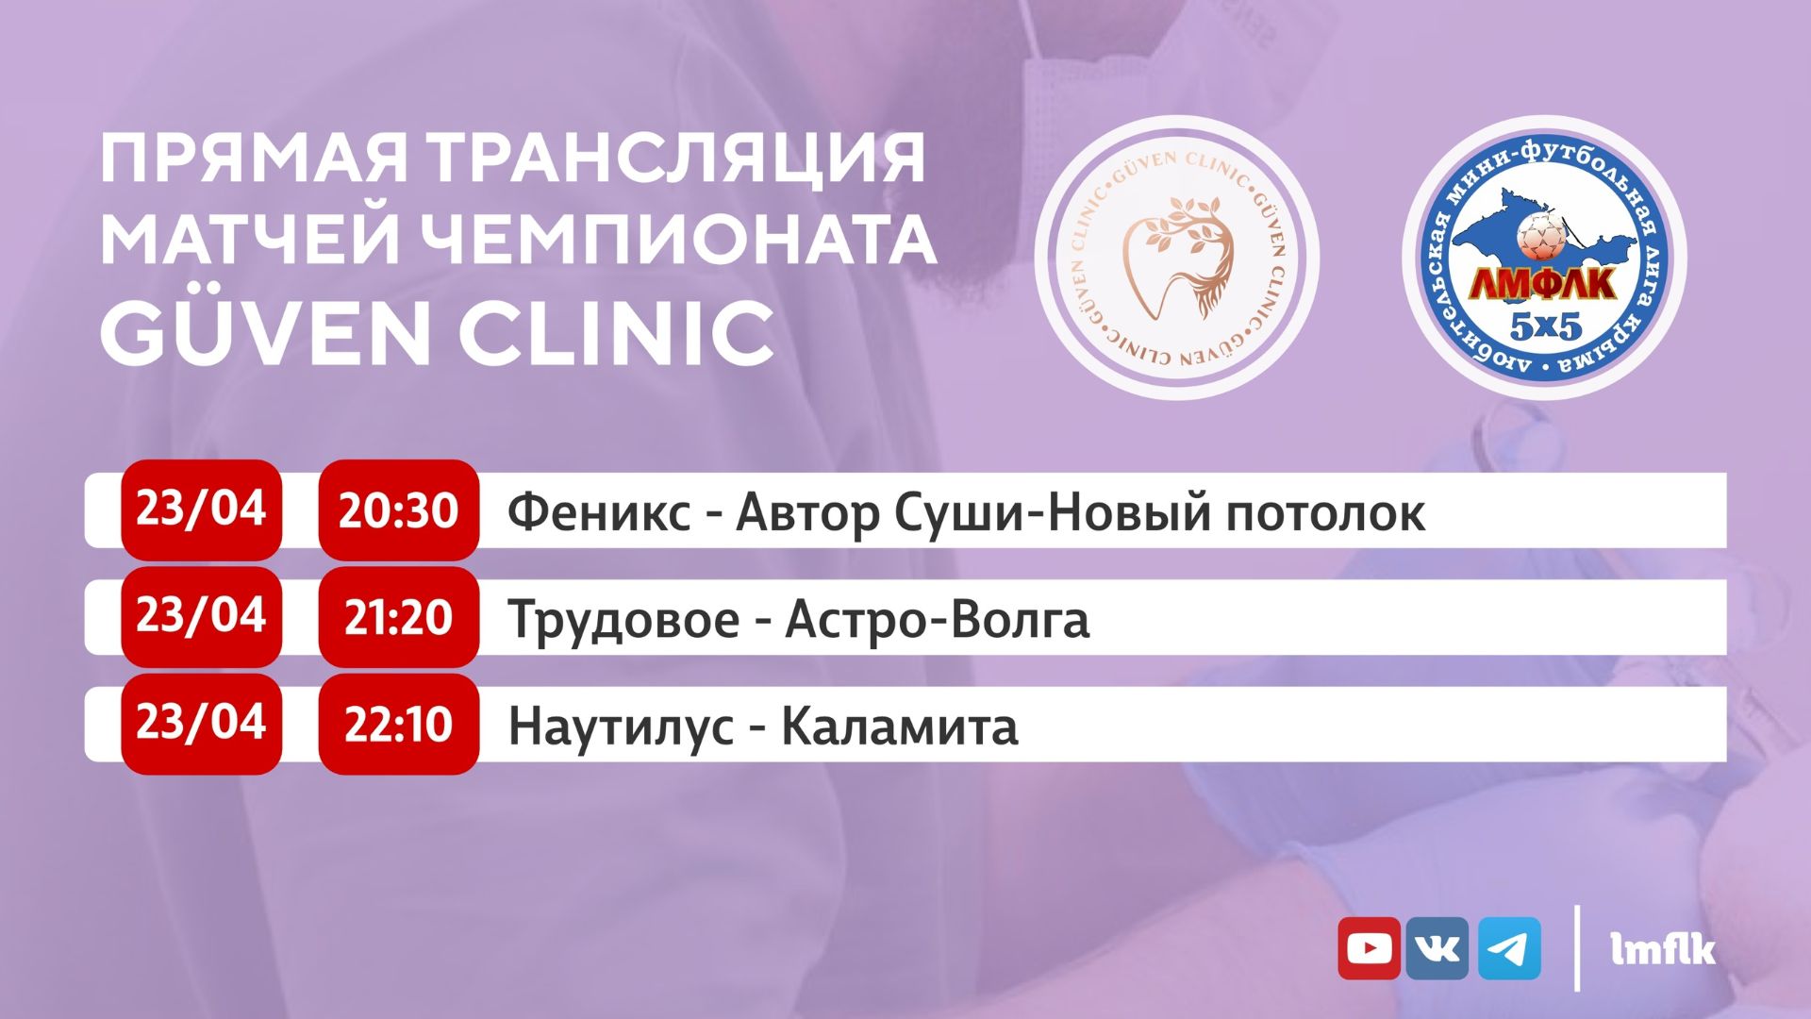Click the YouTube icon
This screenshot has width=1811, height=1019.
pyautogui.click(x=1369, y=948)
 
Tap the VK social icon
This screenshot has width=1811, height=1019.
pyautogui.click(x=1437, y=948)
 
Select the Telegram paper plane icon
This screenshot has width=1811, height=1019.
pyautogui.click(x=1509, y=948)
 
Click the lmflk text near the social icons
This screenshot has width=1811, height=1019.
pyautogui.click(x=1663, y=949)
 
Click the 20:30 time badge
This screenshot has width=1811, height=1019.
pyautogui.click(x=398, y=510)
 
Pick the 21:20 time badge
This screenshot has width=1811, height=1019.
pyautogui.click(x=398, y=617)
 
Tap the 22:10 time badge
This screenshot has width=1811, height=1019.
pyautogui.click(x=398, y=725)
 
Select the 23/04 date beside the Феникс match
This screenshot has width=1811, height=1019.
pyautogui.click(x=201, y=509)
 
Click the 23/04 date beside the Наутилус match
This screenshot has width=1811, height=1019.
pyautogui.click(x=201, y=723)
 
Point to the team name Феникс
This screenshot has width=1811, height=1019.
pyautogui.click(x=599, y=512)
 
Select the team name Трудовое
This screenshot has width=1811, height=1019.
pyautogui.click(x=623, y=621)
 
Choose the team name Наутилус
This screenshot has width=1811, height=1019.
pyautogui.click(x=621, y=727)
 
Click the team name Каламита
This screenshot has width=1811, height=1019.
pyautogui.click(x=900, y=727)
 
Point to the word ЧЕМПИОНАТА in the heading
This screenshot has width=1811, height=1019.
pyautogui.click(x=678, y=240)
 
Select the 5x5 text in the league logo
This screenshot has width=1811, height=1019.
pyautogui.click(x=1545, y=326)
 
